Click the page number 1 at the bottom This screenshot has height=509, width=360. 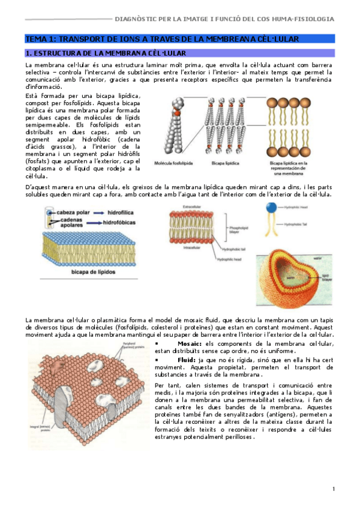pos(333,490)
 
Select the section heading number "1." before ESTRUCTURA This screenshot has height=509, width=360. pos(28,54)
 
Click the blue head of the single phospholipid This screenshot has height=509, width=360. pos(272,208)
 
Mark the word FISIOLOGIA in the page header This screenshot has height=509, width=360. pos(316,19)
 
